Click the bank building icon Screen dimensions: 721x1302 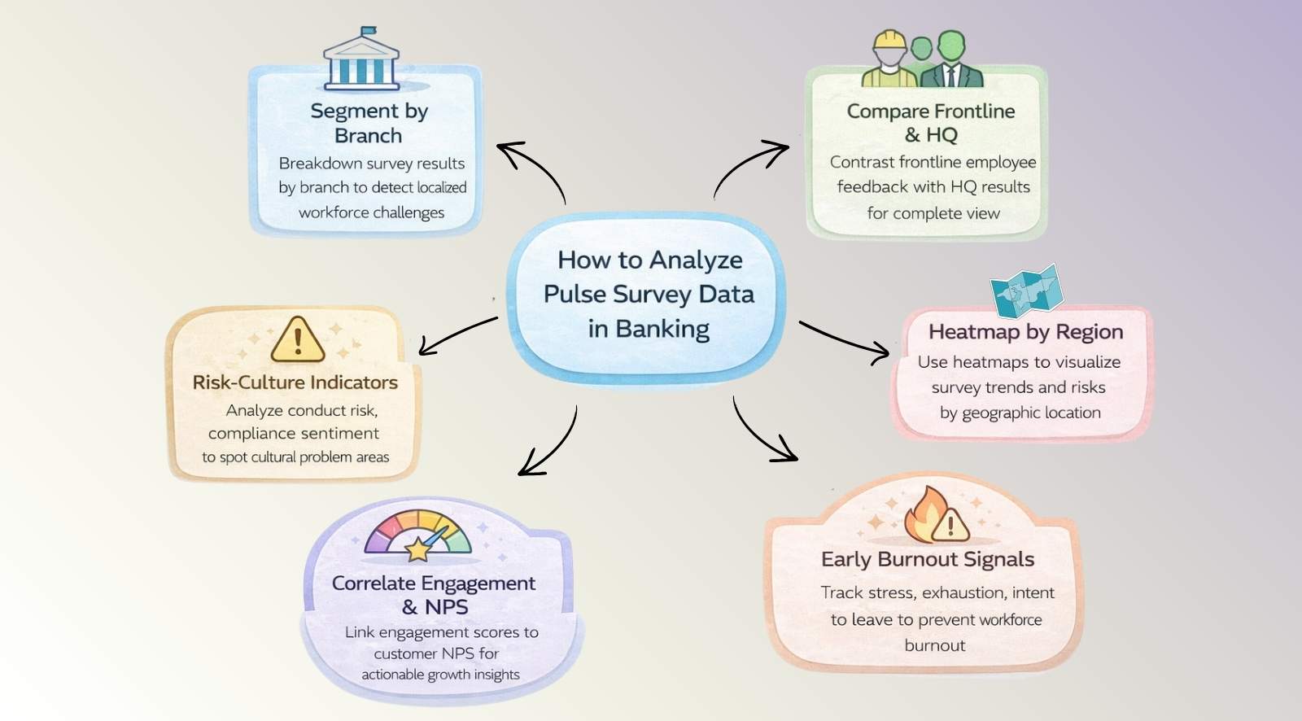tap(361, 63)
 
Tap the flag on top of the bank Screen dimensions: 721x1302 tap(368, 32)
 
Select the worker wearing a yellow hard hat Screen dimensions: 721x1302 tap(889, 60)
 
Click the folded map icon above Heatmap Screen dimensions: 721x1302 tap(1026, 291)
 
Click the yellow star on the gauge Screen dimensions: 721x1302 tap(417, 549)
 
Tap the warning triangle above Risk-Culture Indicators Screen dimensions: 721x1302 tap(297, 340)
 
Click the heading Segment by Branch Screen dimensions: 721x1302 tap(369, 123)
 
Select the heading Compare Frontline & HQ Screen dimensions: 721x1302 tap(930, 122)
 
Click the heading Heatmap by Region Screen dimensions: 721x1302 tap(1025, 332)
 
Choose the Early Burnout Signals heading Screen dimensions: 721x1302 tap(927, 559)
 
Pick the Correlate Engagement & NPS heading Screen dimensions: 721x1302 tap(433, 595)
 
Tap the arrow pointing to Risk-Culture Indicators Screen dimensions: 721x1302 tap(457, 334)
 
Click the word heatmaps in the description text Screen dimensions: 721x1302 tap(990, 362)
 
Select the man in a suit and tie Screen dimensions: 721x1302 tap(951, 60)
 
